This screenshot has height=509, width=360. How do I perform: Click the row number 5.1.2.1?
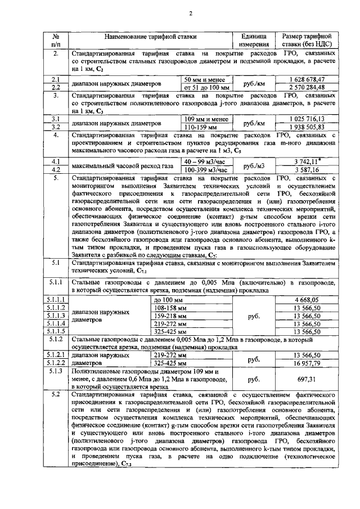pos(56,355)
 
